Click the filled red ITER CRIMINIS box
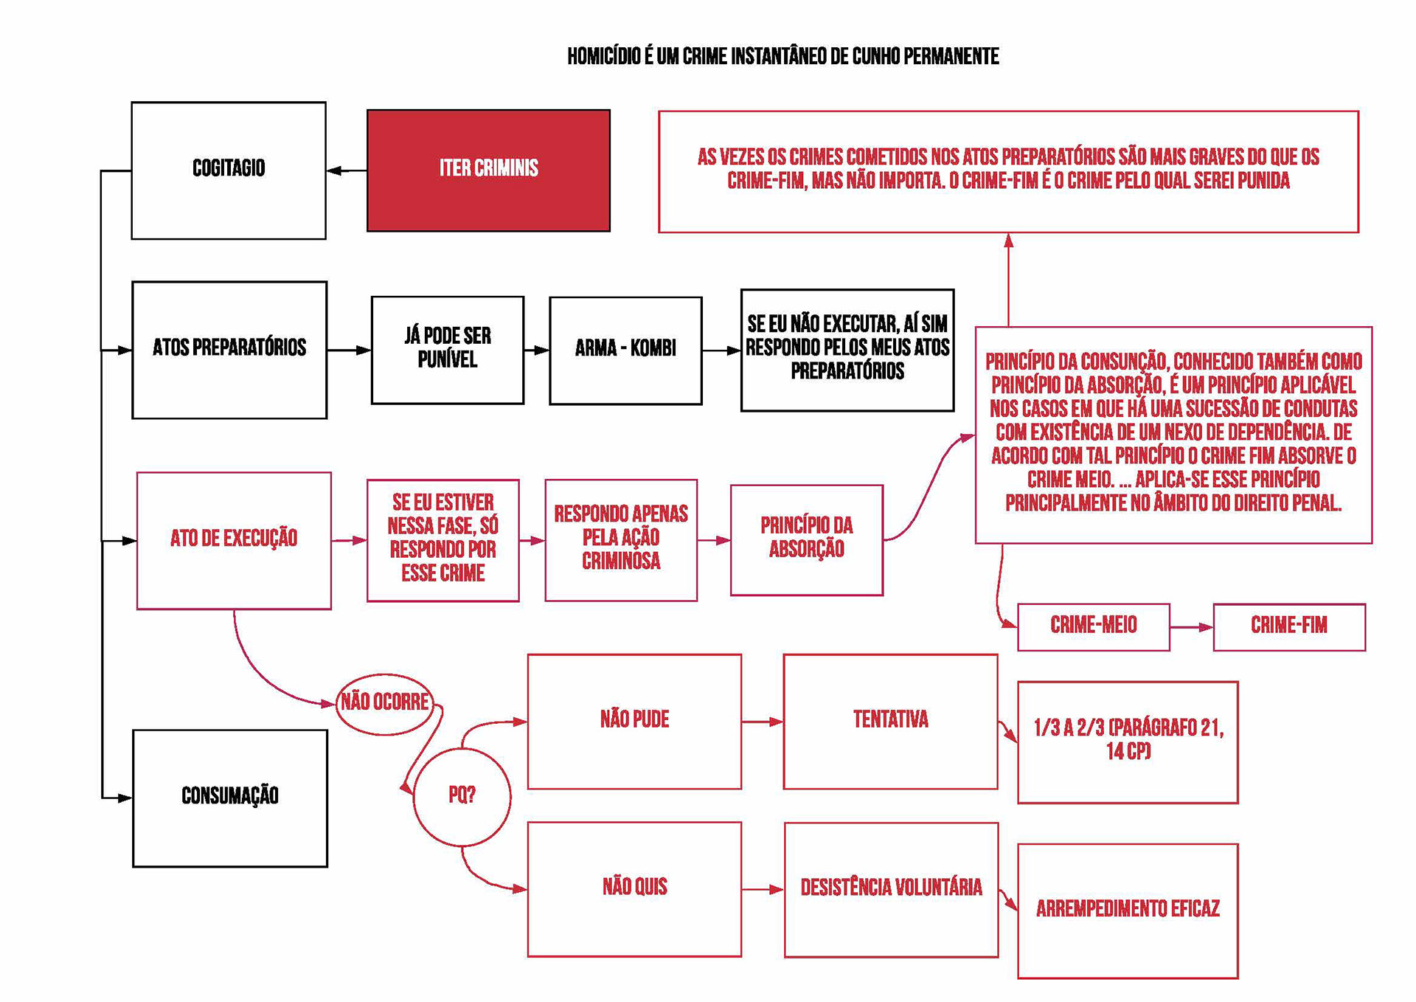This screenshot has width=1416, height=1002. coord(488,170)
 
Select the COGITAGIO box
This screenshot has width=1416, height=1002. coord(229,170)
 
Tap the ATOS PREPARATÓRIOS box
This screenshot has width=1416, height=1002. coord(229,350)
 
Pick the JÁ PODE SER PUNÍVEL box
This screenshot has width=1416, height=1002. coord(447,350)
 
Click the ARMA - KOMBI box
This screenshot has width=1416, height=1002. coord(625,350)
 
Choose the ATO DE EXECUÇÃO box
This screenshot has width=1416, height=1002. coord(234,540)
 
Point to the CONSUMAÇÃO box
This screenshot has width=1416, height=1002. coord(230,798)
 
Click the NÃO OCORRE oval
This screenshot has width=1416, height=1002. coord(384,702)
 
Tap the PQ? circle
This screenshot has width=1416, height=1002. coord(462,795)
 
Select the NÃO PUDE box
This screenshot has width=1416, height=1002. coord(634,721)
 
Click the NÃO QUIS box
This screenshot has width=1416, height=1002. coord(634,888)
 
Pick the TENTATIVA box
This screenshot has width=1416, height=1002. coord(890,721)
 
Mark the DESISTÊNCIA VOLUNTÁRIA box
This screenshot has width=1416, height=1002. coord(891,889)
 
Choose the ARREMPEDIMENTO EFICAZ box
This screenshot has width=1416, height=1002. coord(1127,911)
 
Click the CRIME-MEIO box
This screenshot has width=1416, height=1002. coord(1093,626)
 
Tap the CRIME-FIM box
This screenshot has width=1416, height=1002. coord(1288,626)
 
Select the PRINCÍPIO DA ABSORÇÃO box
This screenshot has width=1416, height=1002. coord(806,539)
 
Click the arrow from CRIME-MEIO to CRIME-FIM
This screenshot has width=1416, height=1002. coord(1191,627)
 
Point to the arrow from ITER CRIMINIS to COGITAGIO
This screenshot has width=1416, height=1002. coord(347,170)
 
